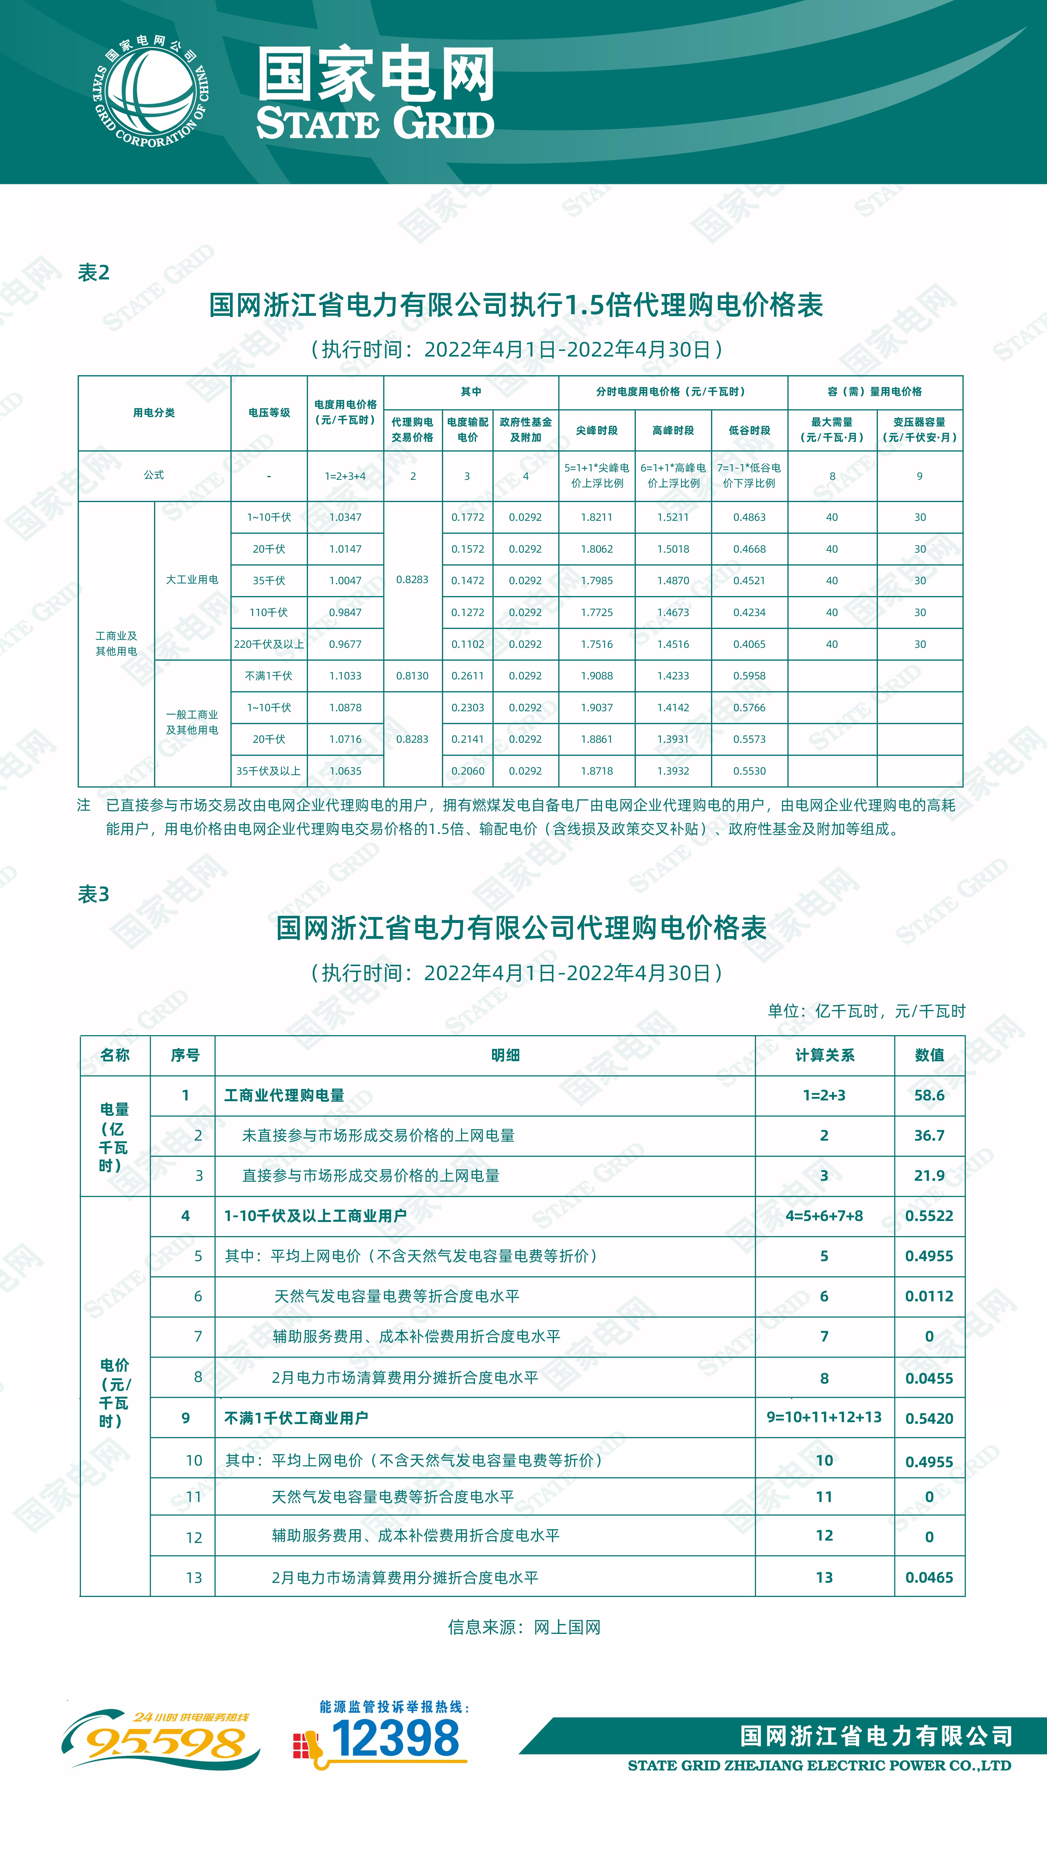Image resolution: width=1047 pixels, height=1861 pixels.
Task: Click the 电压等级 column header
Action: pos(269,412)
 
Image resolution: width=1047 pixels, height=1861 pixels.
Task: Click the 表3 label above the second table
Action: pos(93,894)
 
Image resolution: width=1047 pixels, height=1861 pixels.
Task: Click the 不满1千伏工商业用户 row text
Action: pos(296,1418)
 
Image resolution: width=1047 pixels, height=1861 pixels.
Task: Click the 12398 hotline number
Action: pos(395,1738)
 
